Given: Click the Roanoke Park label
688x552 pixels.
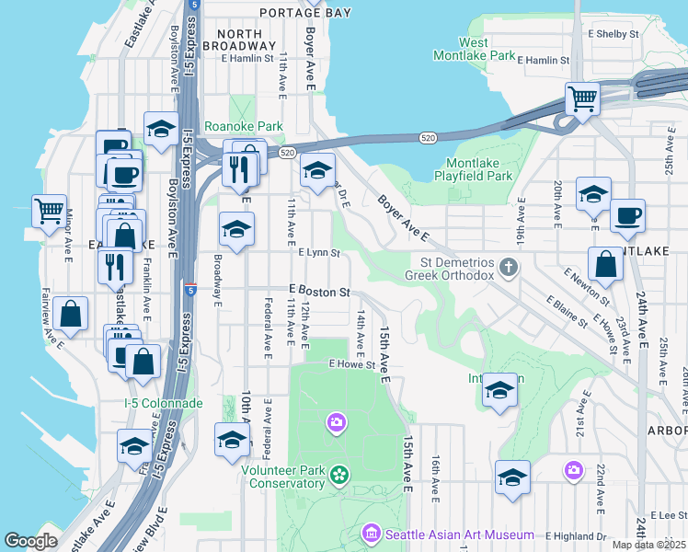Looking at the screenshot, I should (243, 126).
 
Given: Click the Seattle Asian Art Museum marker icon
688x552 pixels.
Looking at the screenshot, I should (372, 534).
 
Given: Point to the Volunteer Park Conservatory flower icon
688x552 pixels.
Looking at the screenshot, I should (339, 475).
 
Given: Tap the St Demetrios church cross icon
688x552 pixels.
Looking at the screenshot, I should (507, 268).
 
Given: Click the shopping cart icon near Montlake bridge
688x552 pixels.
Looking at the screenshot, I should (582, 97).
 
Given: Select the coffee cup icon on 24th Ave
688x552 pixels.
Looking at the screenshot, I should (627, 215).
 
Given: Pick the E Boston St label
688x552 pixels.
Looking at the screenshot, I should (320, 292).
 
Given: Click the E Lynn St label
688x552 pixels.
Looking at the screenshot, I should (319, 253).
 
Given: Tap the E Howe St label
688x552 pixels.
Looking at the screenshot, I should (353, 364).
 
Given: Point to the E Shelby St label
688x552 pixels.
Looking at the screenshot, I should (613, 34).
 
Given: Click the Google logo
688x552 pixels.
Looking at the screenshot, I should (30, 541).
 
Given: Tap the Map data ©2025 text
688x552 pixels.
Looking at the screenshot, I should (649, 545).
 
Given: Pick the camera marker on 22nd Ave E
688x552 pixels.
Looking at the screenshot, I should (574, 470).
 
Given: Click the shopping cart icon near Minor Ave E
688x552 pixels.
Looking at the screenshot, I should (48, 210).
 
